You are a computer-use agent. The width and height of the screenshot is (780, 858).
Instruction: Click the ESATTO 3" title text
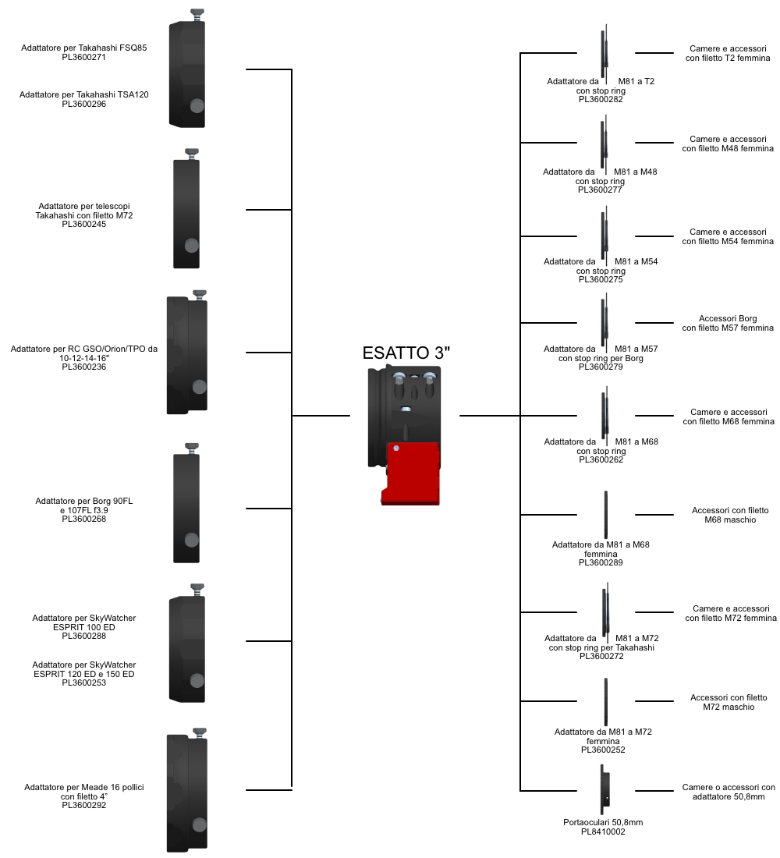pos(406,352)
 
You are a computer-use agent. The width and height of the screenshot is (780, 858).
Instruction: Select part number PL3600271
pos(84,57)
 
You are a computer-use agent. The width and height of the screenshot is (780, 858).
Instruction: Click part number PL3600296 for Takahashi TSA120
pos(84,104)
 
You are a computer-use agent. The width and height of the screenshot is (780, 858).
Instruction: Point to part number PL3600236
pos(84,367)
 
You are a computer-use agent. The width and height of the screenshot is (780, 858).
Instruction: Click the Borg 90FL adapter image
pos(186,507)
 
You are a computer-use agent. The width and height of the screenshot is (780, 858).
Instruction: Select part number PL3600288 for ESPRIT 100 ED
pos(84,636)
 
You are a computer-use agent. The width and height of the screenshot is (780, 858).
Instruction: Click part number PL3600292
pos(84,805)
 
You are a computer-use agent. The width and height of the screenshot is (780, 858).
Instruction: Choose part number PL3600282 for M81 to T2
pos(601,99)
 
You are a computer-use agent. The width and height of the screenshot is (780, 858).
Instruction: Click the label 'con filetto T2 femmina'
pos(729,58)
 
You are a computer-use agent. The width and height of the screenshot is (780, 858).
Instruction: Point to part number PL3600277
pos(600,190)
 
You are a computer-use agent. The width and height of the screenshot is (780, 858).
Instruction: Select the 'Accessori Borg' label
pos(728,318)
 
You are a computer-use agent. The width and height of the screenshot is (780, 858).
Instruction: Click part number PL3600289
pos(601,562)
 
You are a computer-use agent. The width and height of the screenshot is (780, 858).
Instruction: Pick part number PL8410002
pos(603,831)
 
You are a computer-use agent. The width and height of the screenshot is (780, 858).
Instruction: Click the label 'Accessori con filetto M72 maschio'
pos(729,702)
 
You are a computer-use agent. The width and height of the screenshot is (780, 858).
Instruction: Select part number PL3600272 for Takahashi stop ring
pos(601,656)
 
